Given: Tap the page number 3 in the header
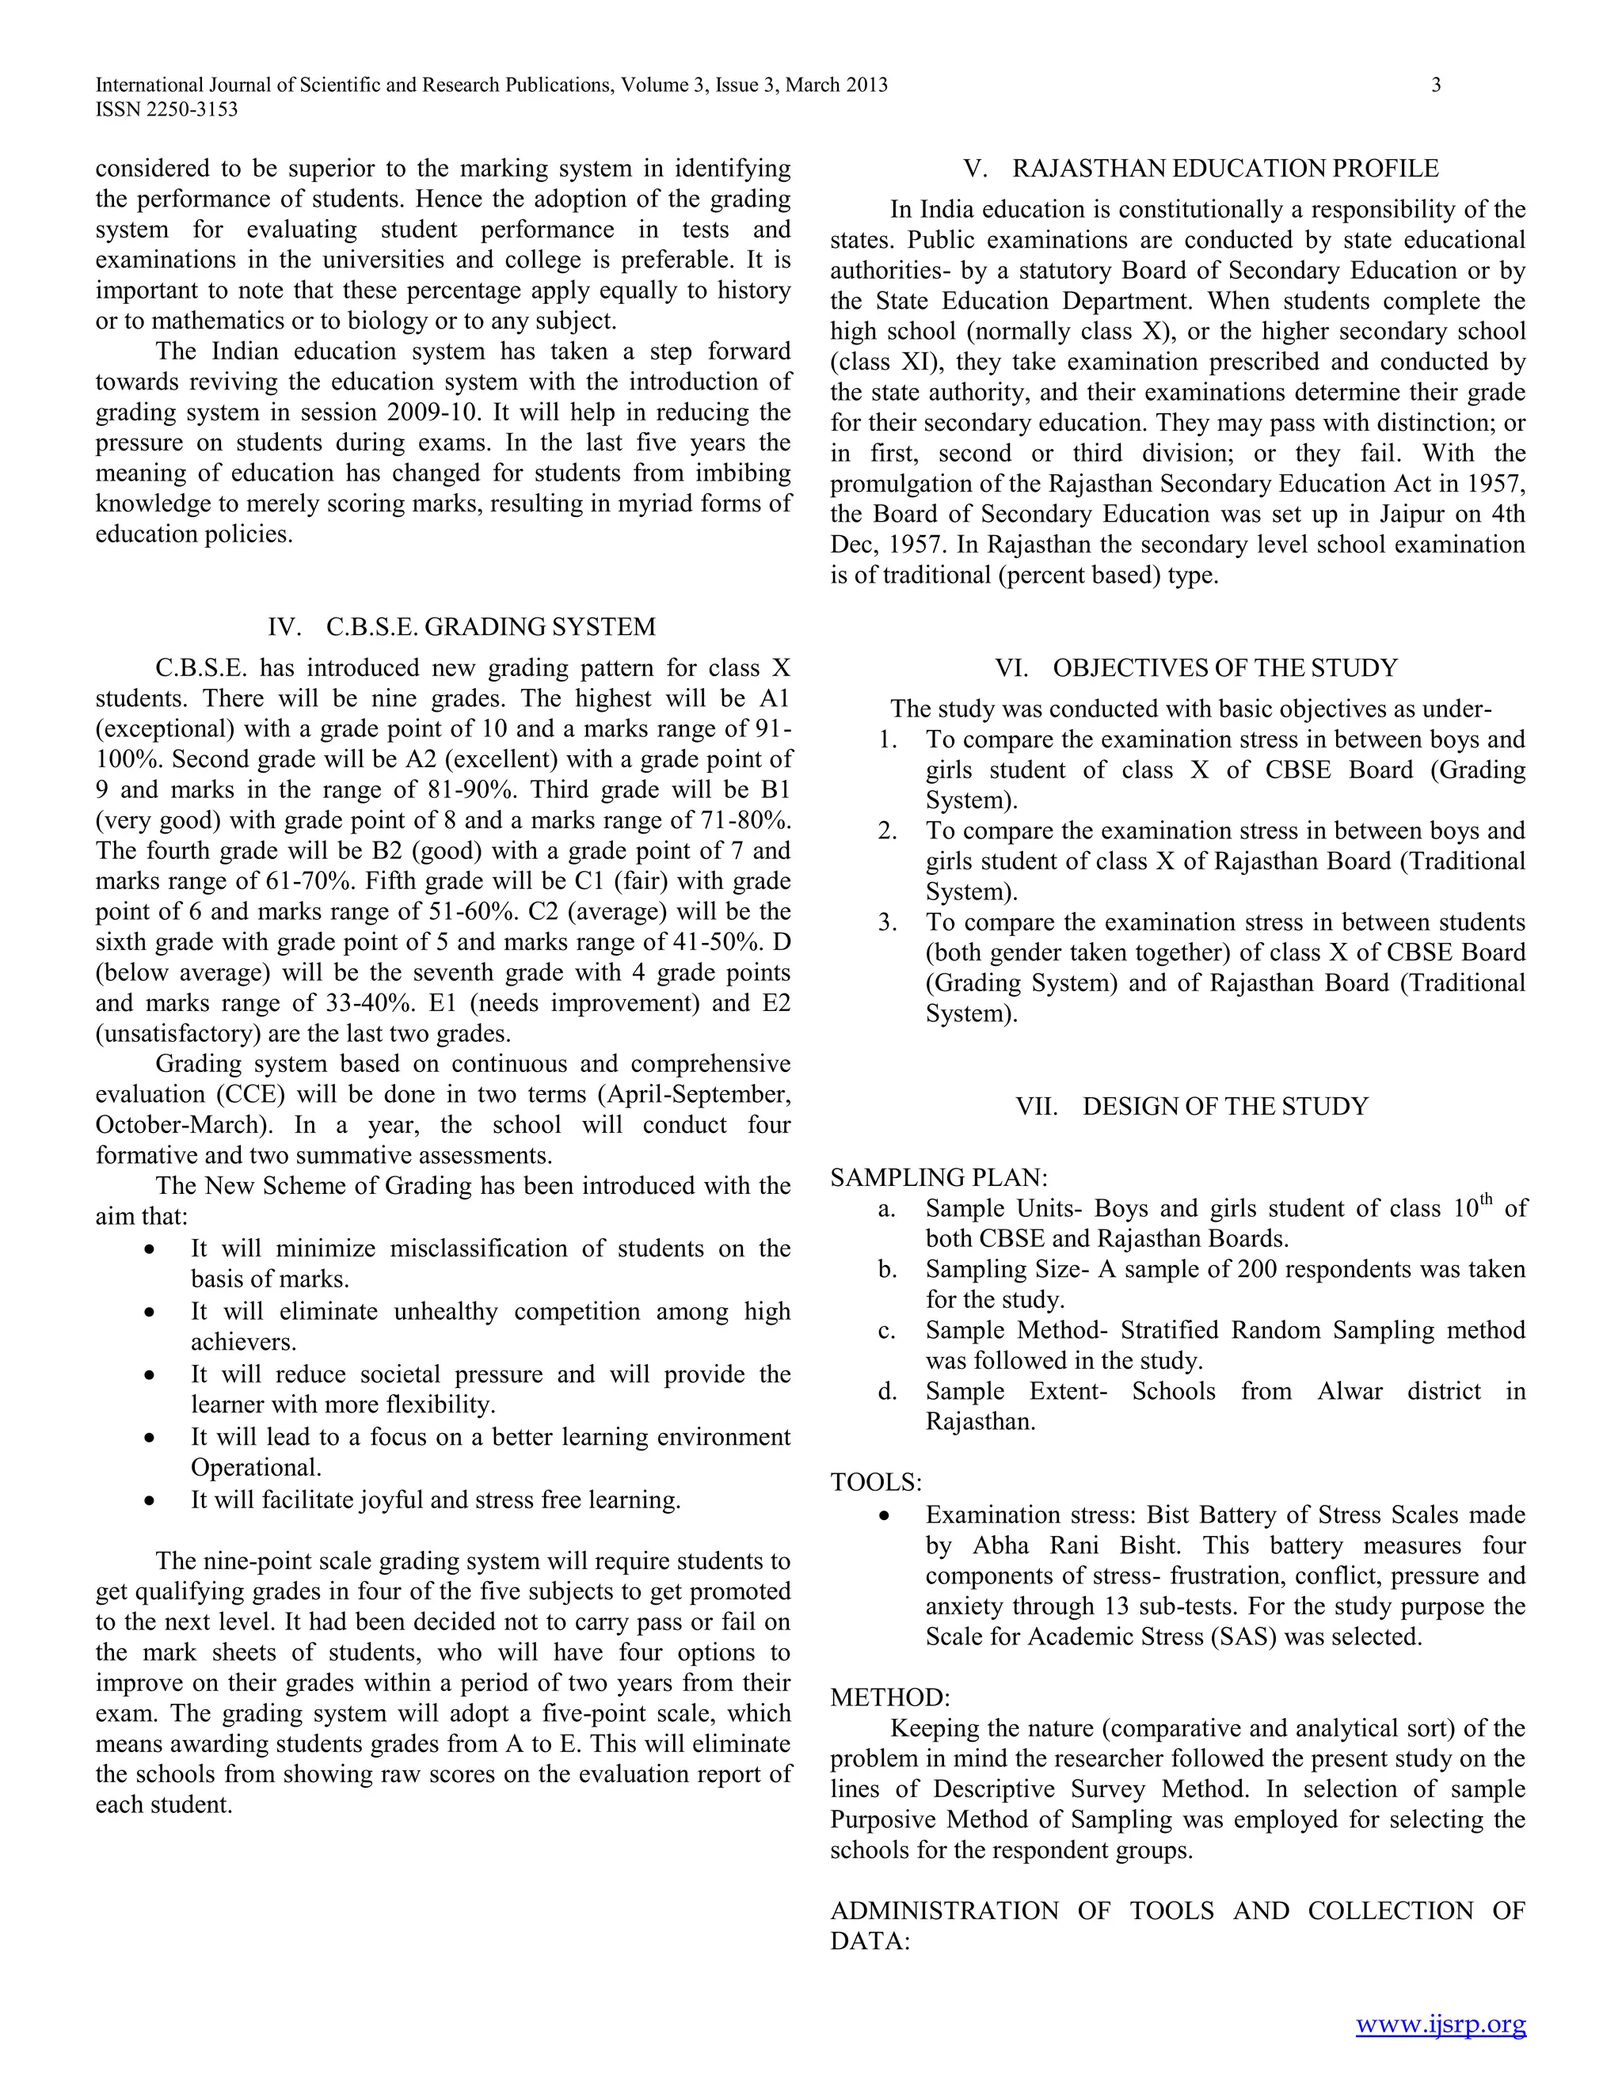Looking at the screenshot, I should tap(1436, 85).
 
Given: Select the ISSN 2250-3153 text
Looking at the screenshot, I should tap(166, 109).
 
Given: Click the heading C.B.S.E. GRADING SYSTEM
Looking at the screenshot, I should tap(490, 627).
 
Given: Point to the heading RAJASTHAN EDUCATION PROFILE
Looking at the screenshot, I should tap(1225, 169).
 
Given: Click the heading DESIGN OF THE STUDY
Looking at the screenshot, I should tap(1225, 1107).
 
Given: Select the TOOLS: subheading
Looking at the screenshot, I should tap(875, 1482).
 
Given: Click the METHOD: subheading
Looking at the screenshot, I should tap(889, 1697).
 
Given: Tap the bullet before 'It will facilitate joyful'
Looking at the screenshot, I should tap(149, 1500).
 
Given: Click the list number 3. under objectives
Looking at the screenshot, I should tap(887, 923).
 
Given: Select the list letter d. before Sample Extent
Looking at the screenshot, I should tap(886, 1392).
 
